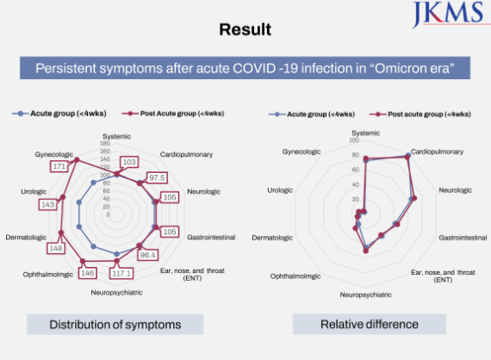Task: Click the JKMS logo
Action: (x=450, y=14)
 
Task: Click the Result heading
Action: (x=245, y=30)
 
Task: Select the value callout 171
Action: (x=59, y=166)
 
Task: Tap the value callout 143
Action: (x=47, y=205)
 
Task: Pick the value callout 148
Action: (x=56, y=249)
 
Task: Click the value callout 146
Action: (x=87, y=273)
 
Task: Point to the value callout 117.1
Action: (x=121, y=274)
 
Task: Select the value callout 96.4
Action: (x=147, y=255)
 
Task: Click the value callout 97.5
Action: (x=157, y=177)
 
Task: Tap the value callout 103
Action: (x=129, y=162)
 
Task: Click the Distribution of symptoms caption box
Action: (x=115, y=325)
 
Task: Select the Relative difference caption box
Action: (x=370, y=324)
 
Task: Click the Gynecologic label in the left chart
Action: (x=54, y=154)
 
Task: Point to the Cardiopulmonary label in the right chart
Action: (x=437, y=152)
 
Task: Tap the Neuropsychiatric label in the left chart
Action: (x=116, y=292)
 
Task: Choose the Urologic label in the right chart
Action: (x=280, y=190)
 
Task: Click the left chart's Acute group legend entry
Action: (x=59, y=114)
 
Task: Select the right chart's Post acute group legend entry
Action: (x=420, y=115)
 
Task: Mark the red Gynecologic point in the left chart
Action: (x=77, y=160)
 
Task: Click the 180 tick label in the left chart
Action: (x=105, y=143)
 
